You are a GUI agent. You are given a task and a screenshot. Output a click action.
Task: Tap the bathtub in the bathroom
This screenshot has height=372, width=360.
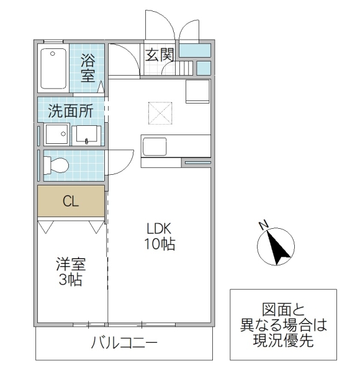click(x=53, y=68)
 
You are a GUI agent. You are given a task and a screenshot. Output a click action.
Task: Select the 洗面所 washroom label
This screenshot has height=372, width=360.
click(x=71, y=112)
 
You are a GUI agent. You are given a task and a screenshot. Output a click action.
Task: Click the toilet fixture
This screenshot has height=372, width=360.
click(x=56, y=166)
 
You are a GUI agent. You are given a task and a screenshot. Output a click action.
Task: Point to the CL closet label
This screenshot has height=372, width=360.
click(x=70, y=201)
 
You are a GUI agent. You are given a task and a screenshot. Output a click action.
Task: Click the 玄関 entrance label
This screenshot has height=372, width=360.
click(x=160, y=55)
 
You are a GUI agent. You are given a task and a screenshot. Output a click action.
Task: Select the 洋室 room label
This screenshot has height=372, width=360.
click(x=70, y=263)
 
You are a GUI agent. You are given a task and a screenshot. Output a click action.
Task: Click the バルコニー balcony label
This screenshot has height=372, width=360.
click(x=124, y=342)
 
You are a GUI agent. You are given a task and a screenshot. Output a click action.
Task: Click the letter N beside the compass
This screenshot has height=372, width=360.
click(x=263, y=224)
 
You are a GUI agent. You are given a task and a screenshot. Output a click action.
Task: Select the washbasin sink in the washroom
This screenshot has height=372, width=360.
click(x=86, y=135)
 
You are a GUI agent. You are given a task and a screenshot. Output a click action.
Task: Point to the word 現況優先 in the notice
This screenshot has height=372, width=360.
click(x=282, y=340)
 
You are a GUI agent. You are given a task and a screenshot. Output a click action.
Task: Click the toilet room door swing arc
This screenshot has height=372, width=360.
click(x=121, y=161)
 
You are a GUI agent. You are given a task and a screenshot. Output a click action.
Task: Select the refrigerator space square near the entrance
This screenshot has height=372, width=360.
click(x=199, y=92)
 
